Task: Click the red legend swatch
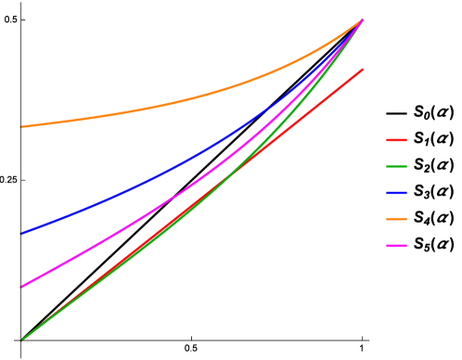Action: pyautogui.click(x=396, y=140)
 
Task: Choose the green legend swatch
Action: pyautogui.click(x=396, y=167)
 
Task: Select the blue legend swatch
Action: pyautogui.click(x=396, y=193)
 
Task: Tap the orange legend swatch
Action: pyautogui.click(x=396, y=219)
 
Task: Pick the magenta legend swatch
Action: pyautogui.click(x=396, y=245)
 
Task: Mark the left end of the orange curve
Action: pyautogui.click(x=20, y=127)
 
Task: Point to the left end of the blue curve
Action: pyautogui.click(x=20, y=233)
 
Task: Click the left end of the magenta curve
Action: pyautogui.click(x=20, y=287)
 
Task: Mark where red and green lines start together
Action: pyautogui.click(x=20, y=340)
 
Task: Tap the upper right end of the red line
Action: pyautogui.click(x=363, y=69)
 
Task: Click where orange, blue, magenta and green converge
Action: pyautogui.click(x=362, y=19)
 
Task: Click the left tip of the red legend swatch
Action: pyautogui.click(x=387, y=140)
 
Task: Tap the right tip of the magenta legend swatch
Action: pyautogui.click(x=406, y=245)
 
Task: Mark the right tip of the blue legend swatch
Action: pyautogui.click(x=406, y=193)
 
